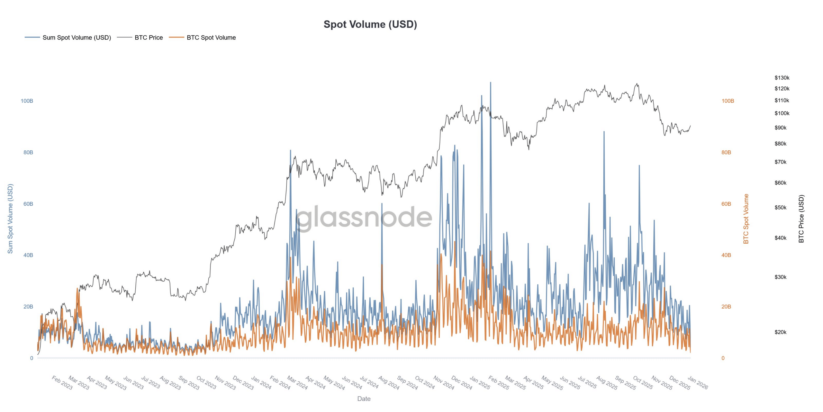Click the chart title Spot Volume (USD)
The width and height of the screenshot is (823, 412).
pyautogui.click(x=370, y=24)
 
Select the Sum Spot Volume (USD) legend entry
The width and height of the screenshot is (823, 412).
pyautogui.click(x=77, y=38)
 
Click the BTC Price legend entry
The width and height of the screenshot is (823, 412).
pyautogui.click(x=149, y=38)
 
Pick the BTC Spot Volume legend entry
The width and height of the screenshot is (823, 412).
pyautogui.click(x=211, y=38)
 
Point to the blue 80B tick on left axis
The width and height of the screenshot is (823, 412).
pyautogui.click(x=28, y=152)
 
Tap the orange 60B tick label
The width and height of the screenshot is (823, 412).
pyautogui.click(x=726, y=204)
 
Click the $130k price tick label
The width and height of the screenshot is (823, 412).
pyautogui.click(x=782, y=78)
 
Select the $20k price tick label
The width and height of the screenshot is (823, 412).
pyautogui.click(x=780, y=332)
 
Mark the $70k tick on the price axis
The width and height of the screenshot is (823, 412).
pyautogui.click(x=780, y=162)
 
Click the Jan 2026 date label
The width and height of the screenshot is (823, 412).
pyautogui.click(x=698, y=383)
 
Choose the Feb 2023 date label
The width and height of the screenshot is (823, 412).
pyautogui.click(x=62, y=383)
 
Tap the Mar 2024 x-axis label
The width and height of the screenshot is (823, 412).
pyautogui.click(x=297, y=383)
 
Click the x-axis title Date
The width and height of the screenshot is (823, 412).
pyautogui.click(x=364, y=398)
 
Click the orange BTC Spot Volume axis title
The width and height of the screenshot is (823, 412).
pyautogui.click(x=746, y=219)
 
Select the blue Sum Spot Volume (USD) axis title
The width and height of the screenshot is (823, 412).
pyautogui.click(x=10, y=219)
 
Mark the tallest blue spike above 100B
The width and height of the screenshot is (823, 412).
pyautogui.click(x=490, y=83)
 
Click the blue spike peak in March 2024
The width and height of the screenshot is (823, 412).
pyautogui.click(x=290, y=151)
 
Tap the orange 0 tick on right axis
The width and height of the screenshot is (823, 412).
pyautogui.click(x=723, y=358)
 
